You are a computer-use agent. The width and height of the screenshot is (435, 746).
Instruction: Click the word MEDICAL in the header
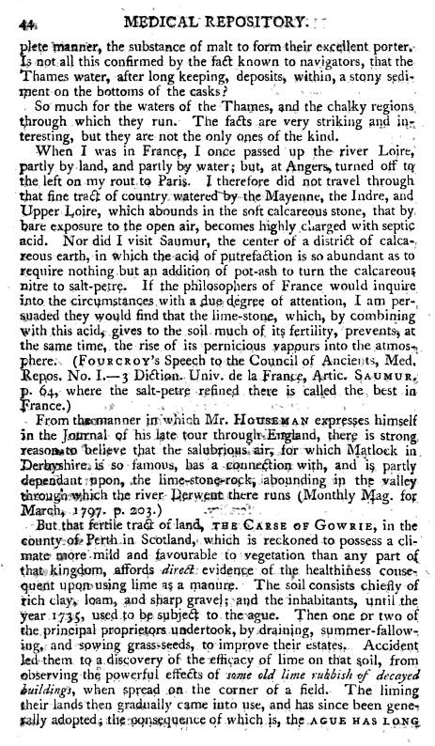click(x=206, y=13)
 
